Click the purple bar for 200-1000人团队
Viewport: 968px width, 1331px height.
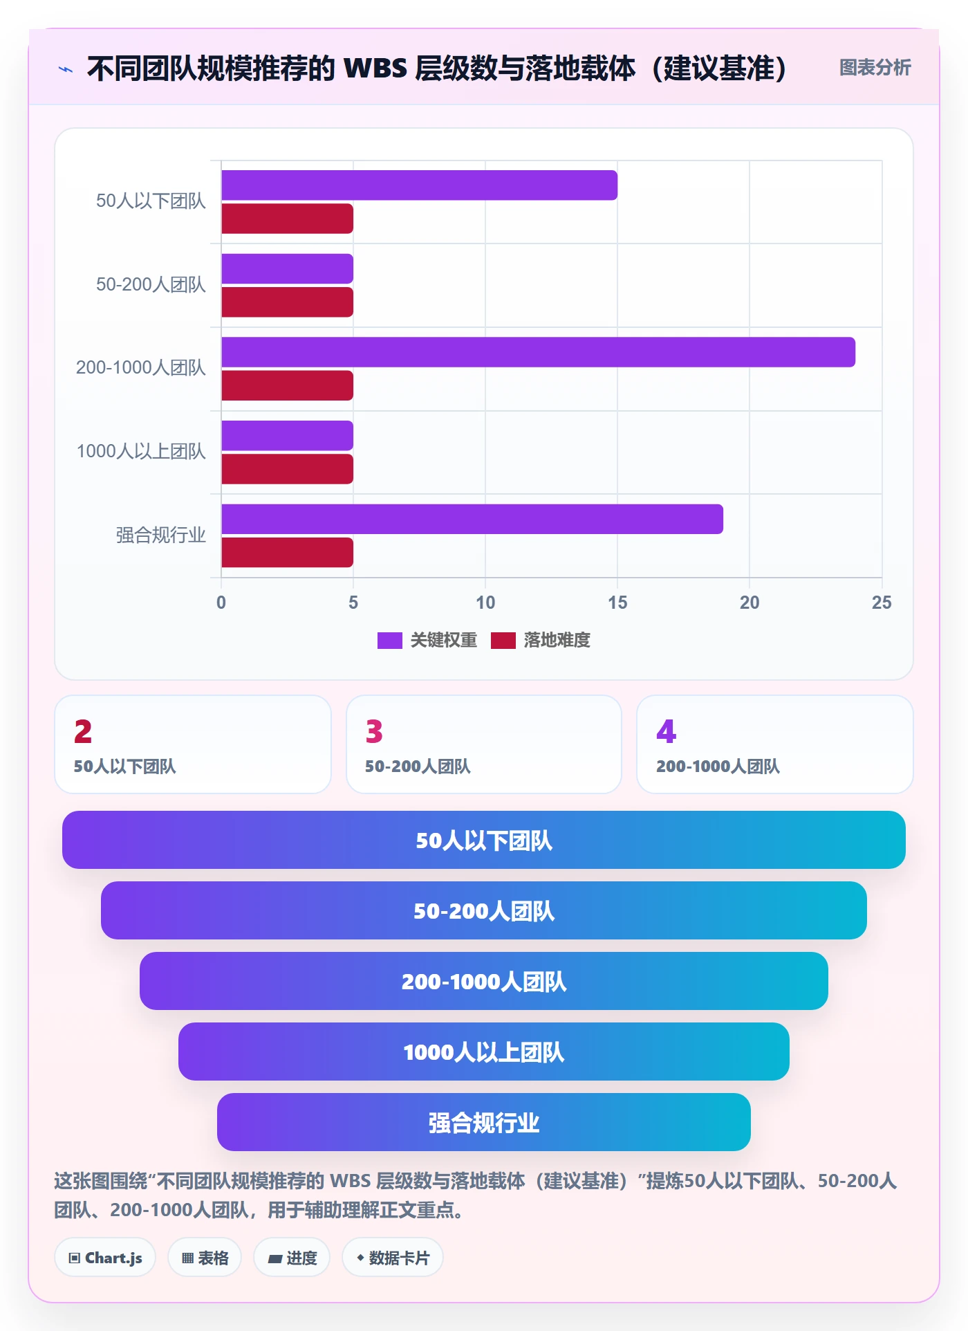pos(538,352)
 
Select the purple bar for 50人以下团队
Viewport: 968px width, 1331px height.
pos(419,185)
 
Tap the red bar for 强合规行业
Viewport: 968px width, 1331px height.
pos(287,553)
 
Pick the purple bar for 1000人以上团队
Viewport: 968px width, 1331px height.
pos(287,436)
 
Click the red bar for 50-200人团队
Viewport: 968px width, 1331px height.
pos(287,302)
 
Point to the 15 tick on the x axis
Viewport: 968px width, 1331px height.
pos(617,603)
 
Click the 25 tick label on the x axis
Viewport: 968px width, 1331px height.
pos(882,603)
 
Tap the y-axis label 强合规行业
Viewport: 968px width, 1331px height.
pos(161,535)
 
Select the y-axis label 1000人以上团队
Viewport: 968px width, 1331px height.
pos(141,451)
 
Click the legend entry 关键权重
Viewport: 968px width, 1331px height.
pos(427,640)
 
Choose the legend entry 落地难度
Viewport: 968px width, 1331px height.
pos(541,640)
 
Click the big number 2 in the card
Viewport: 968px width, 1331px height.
pos(83,731)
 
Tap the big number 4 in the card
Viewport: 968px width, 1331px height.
pos(667,731)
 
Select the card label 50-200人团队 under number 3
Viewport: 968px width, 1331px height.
pos(418,767)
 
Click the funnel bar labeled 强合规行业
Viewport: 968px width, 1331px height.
pos(484,1122)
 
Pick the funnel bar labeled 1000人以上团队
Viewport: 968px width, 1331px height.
pos(484,1052)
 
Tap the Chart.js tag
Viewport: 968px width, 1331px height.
pos(105,1258)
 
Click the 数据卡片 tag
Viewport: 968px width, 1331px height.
pos(393,1258)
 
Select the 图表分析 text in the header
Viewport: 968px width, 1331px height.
pos(875,67)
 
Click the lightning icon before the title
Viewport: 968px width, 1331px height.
pos(66,69)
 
